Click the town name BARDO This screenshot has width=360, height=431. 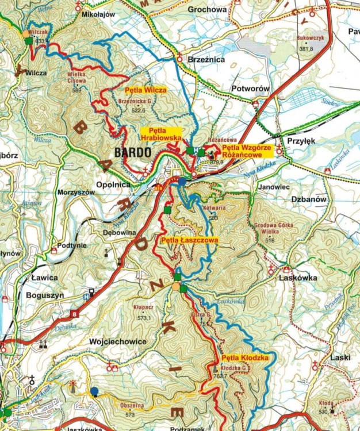[133, 153]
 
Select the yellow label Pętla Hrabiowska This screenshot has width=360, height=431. [161, 134]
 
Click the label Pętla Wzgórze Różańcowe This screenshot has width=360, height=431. [242, 151]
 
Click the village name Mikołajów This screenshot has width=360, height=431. [99, 14]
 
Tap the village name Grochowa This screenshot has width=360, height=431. [206, 10]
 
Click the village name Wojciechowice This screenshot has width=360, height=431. [117, 341]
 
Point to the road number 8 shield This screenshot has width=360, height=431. [74, 314]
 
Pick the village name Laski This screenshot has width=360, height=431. [340, 357]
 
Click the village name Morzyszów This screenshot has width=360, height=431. [75, 193]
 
